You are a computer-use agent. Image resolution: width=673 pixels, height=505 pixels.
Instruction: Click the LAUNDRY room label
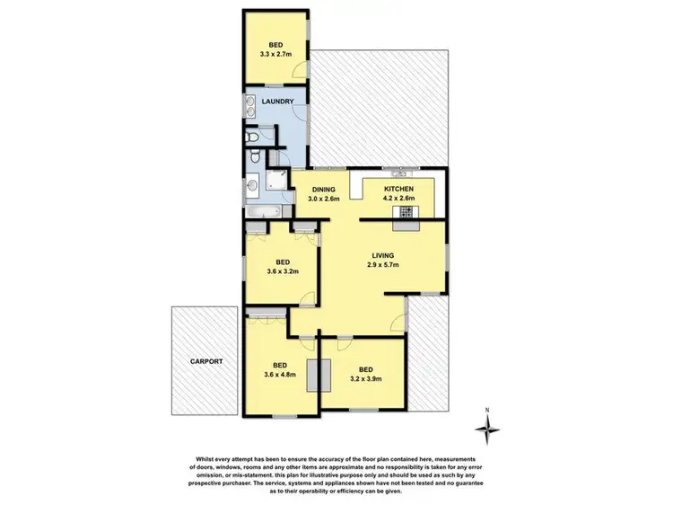coord(278,102)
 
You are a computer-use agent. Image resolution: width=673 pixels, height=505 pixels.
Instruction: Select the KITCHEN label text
coord(399,188)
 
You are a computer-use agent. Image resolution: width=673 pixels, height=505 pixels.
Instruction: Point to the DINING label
coord(323,189)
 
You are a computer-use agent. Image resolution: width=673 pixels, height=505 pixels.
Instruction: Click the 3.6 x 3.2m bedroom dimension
coord(282,270)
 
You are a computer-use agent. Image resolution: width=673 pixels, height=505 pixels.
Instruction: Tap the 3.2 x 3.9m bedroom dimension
coord(365,378)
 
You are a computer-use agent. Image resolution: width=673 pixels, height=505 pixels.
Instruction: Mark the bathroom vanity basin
coord(251,186)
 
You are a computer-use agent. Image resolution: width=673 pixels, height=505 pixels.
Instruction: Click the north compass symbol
coord(487,433)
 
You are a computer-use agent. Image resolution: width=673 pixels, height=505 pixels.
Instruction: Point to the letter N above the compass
coord(487,411)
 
